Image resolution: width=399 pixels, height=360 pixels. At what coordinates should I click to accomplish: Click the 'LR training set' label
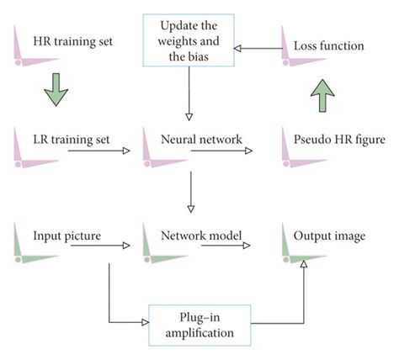tap(67, 135)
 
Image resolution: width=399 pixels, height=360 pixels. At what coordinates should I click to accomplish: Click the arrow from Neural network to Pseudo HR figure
tap(226, 151)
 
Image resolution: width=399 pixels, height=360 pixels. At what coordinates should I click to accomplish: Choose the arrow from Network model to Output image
tap(226, 246)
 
